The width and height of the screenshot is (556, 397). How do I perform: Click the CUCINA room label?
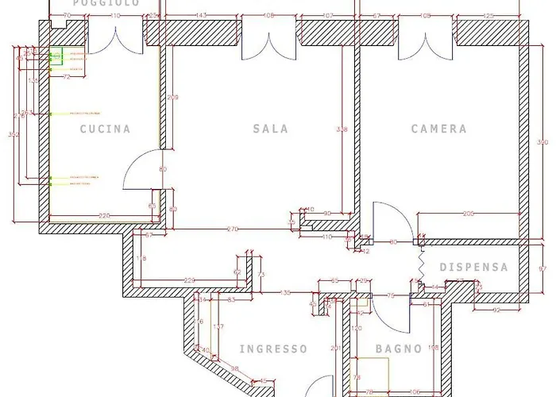click(x=105, y=129)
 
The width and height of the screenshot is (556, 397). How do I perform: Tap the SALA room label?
click(x=271, y=129)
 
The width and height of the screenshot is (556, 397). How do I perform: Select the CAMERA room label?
click(x=438, y=129)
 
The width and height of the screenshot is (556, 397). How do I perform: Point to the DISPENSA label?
click(x=473, y=268)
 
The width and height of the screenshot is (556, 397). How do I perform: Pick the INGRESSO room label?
click(x=273, y=349)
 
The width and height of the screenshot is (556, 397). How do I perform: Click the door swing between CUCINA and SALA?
click(x=143, y=171)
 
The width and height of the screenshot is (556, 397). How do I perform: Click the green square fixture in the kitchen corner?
click(x=56, y=56)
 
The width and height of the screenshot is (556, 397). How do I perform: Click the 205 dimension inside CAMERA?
click(x=469, y=214)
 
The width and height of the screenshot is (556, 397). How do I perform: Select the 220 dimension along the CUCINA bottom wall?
click(x=104, y=215)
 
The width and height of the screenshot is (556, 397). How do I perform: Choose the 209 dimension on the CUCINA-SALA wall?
click(x=173, y=98)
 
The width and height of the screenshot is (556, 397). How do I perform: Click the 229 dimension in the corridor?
click(x=190, y=279)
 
